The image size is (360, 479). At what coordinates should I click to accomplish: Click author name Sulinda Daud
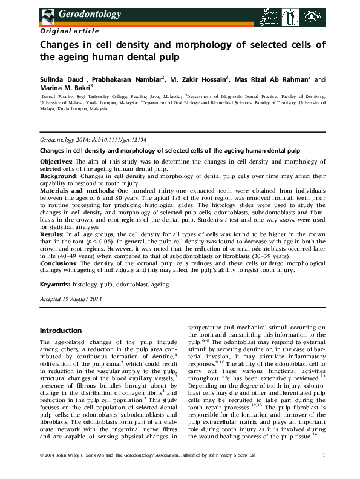coord(59,79)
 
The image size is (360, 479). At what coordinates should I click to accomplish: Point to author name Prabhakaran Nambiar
coord(118,79)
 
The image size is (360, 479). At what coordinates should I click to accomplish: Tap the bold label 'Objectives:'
coord(56,162)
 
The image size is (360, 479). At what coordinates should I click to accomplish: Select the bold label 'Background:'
coord(57,175)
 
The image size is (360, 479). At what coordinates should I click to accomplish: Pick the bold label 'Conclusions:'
coord(59,263)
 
